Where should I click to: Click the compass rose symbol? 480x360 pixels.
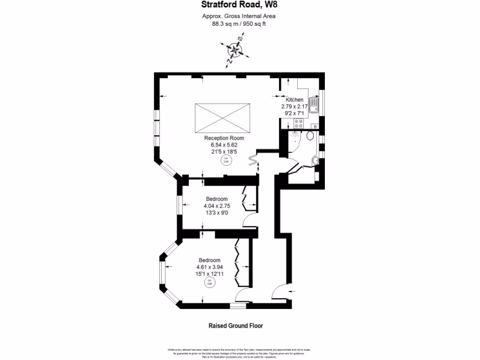(234, 50)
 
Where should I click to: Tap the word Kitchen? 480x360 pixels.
(294, 100)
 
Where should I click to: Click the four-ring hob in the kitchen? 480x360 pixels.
(297, 124)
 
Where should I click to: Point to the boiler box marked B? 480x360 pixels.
(315, 127)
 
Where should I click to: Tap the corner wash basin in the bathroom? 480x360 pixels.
(315, 161)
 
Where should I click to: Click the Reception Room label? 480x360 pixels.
(224, 138)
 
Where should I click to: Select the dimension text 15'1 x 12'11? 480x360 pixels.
(209, 274)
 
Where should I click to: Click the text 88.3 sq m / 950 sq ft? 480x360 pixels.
(239, 24)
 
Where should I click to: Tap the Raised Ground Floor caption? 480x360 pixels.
(239, 325)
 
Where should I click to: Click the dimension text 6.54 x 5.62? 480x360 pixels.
(224, 145)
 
